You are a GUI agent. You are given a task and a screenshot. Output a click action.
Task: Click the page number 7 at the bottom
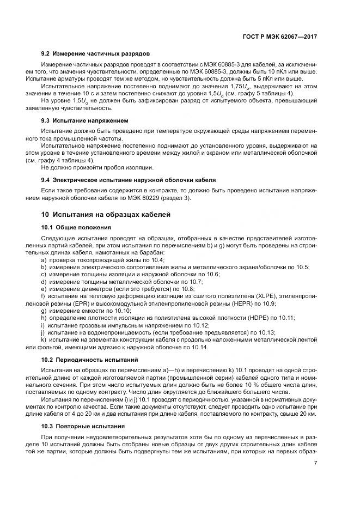[316, 464]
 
